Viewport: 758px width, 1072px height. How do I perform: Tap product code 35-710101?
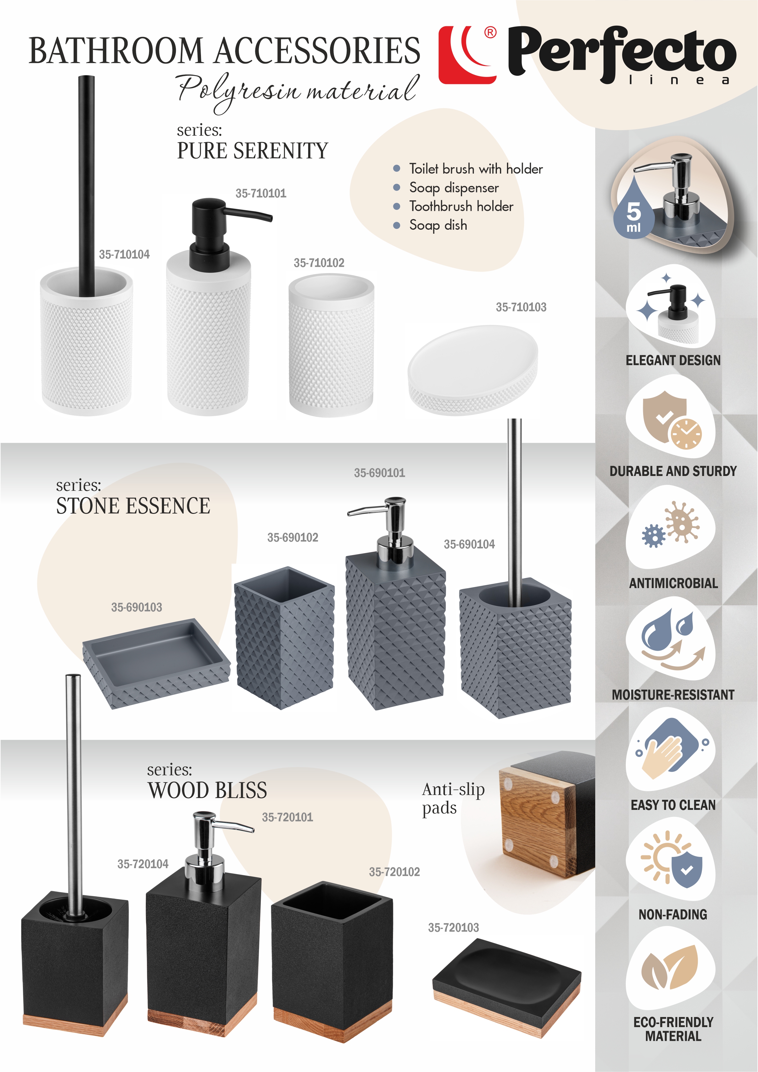[x=261, y=193]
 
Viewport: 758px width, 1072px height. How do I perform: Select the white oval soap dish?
[x=473, y=369]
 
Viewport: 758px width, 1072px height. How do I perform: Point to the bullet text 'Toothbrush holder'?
[x=461, y=207]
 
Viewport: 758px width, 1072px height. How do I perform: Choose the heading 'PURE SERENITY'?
[x=253, y=151]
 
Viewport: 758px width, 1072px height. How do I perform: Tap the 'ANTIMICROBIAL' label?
[x=673, y=583]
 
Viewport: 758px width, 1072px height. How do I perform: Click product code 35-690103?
[x=137, y=607]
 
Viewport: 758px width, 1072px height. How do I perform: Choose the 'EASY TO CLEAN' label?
[x=673, y=805]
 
